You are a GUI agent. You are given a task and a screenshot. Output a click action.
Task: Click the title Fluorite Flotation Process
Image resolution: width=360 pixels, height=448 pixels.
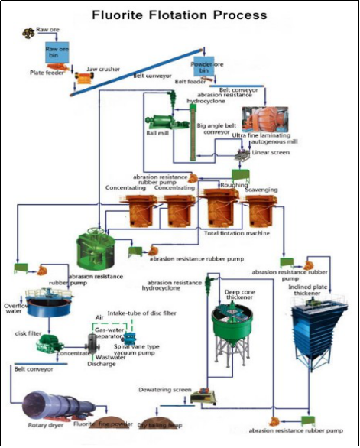point(180,15)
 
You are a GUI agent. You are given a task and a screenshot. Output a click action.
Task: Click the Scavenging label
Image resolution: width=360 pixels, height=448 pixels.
point(261,190)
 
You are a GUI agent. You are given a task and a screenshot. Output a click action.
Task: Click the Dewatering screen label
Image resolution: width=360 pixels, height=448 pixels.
point(164,388)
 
